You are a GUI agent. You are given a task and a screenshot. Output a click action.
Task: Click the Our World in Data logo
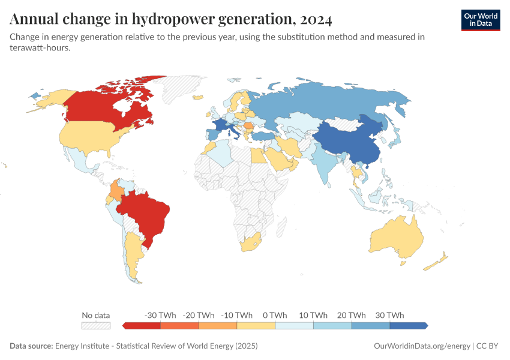coord(480,20)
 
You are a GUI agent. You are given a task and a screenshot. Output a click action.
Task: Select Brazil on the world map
coord(147,216)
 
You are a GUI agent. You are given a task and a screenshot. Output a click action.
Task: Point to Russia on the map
coord(336,102)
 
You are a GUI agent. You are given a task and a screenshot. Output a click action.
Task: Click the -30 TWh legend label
coord(160,315)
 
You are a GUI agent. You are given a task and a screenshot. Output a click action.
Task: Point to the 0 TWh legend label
coord(275,315)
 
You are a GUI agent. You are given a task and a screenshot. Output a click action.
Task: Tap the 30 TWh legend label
coord(390,315)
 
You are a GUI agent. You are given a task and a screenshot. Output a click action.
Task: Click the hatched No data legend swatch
coord(96,325)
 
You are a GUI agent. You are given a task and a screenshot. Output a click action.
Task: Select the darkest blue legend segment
coord(408,325)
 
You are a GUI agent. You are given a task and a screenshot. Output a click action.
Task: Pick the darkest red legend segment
coord(142,325)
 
